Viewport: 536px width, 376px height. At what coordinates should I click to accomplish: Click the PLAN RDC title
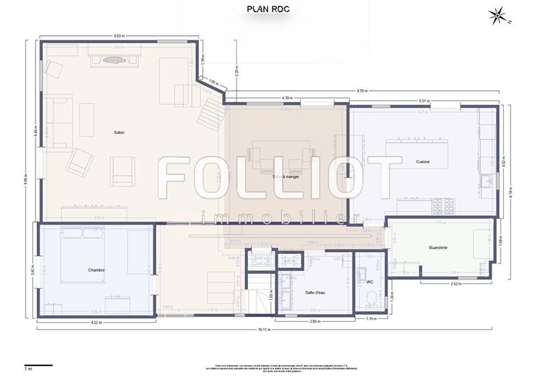pos(267,9)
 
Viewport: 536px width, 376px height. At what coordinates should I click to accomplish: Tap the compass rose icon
pos(498,15)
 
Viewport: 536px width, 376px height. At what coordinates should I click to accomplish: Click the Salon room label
pos(119,132)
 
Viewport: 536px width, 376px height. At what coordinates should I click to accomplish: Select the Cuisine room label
pos(422,162)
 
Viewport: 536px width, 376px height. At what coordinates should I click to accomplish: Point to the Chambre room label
pos(96,270)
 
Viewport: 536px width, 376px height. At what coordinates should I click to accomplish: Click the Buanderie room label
pos(438,247)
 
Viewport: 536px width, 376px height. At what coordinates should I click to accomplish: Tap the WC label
pos(370,282)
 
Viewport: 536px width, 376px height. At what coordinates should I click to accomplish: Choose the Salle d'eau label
pos(315,292)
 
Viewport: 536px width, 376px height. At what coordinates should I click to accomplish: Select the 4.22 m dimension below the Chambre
pos(96,322)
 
